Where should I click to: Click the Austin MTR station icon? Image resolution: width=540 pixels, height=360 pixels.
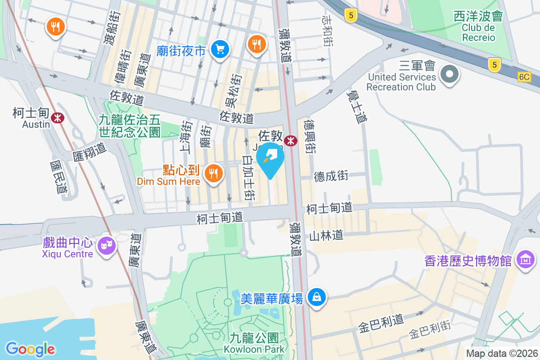pyautogui.click(x=58, y=118)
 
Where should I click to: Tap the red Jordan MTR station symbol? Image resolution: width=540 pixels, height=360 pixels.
pyautogui.click(x=291, y=140)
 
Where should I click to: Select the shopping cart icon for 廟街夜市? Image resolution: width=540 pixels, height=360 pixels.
pyautogui.click(x=220, y=49)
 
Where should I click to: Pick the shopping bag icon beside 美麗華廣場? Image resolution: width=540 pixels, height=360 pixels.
pyautogui.click(x=317, y=297)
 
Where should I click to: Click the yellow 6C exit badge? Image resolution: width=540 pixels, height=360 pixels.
pyautogui.click(x=524, y=77)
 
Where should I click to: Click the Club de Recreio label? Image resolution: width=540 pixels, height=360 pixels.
pyautogui.click(x=478, y=32)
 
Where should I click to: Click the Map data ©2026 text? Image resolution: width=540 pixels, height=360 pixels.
pyautogui.click(x=501, y=354)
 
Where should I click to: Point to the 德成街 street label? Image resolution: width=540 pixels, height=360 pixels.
pyautogui.click(x=331, y=176)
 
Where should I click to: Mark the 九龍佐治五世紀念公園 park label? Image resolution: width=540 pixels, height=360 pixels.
pyautogui.click(x=130, y=126)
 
